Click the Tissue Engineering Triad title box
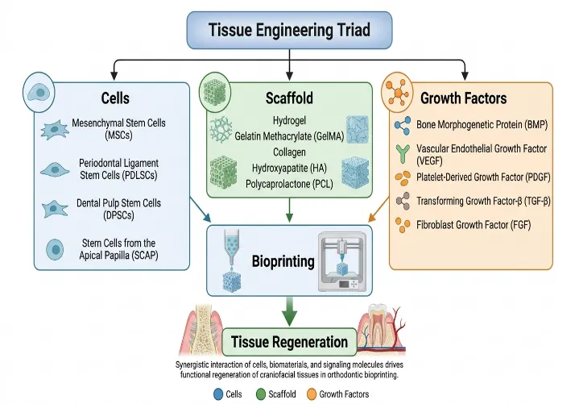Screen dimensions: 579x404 pyautogui.click(x=289, y=30)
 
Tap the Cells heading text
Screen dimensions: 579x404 pyautogui.click(x=115, y=98)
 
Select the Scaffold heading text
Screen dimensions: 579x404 pyautogui.click(x=289, y=98)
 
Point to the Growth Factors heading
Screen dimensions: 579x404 pyautogui.click(x=463, y=98)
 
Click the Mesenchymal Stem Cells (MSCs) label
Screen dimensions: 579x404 pyautogui.click(x=118, y=129)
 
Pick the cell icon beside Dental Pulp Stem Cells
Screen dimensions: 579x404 pyautogui.click(x=55, y=209)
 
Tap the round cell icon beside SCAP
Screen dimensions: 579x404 pyautogui.click(x=55, y=249)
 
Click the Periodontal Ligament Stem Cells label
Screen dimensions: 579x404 pyautogui.click(x=118, y=169)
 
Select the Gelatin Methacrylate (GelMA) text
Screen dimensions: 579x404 pyautogui.click(x=289, y=136)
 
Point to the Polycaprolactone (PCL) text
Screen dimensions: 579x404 pyautogui.click(x=289, y=184)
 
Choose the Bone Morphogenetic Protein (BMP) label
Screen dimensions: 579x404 pyautogui.click(x=482, y=124)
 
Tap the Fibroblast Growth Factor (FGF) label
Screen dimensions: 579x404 pyautogui.click(x=474, y=225)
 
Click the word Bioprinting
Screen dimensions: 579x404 pyautogui.click(x=283, y=261)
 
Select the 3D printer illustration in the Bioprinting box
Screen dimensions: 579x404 pyautogui.click(x=342, y=262)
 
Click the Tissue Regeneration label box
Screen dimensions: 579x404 pyautogui.click(x=290, y=342)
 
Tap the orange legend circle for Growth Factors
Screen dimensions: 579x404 pyautogui.click(x=312, y=394)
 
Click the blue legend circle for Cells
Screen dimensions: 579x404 pyautogui.click(x=218, y=394)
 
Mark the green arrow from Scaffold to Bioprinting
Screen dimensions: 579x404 pyautogui.click(x=290, y=210)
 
